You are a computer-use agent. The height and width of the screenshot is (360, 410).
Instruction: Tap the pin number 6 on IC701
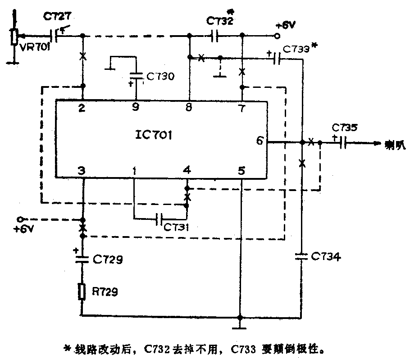coord(260,140)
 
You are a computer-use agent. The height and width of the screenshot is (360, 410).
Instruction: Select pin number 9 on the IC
coord(136,108)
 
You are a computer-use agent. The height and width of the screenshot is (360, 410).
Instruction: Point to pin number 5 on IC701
coord(241,171)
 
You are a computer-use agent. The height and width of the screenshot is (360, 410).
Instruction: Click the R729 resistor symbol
coord(82,292)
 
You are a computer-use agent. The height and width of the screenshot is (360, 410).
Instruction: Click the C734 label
coord(326,257)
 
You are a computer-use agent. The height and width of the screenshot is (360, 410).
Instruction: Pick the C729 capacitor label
coord(107,260)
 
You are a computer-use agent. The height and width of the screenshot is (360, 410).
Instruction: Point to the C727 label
coord(56,17)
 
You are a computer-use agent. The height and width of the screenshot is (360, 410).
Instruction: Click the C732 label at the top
coord(219,21)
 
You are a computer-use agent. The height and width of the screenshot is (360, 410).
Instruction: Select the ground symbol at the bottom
coord(241,324)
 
